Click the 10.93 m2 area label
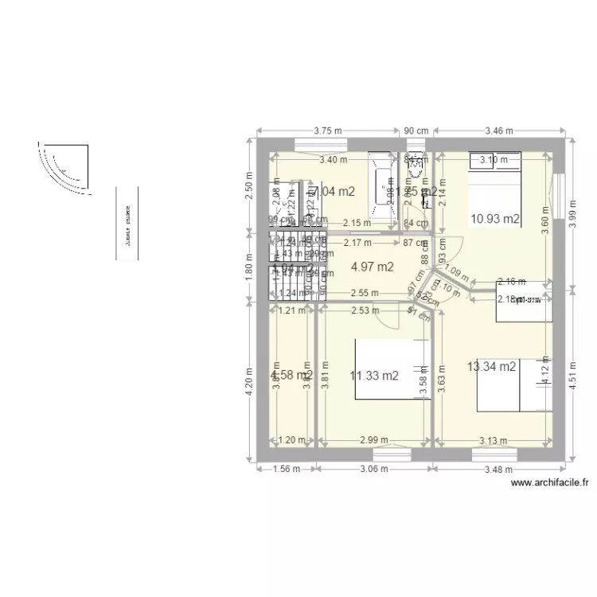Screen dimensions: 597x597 [495, 218]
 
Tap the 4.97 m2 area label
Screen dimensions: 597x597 [372, 267]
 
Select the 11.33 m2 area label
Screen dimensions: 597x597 [373, 376]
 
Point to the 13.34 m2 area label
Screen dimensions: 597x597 [492, 366]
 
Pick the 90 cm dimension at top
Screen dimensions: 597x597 [416, 131]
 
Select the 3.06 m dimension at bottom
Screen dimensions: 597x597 [373, 470]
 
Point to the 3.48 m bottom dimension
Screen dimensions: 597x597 [500, 470]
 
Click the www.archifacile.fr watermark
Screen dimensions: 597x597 [549, 482]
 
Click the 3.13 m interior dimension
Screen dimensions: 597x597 [494, 440]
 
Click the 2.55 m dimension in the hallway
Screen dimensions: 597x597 [363, 293]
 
